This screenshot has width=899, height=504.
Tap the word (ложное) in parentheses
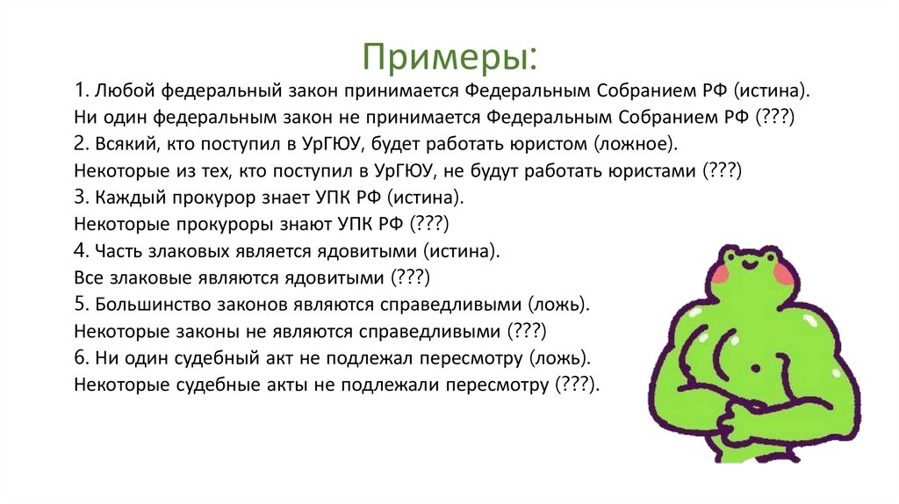pyautogui.click(x=636, y=144)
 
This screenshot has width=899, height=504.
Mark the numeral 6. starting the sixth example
pyautogui.click(x=82, y=358)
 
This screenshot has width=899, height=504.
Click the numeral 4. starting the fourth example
pyautogui.click(x=82, y=251)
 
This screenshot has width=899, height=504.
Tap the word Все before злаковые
pyautogui.click(x=89, y=277)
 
